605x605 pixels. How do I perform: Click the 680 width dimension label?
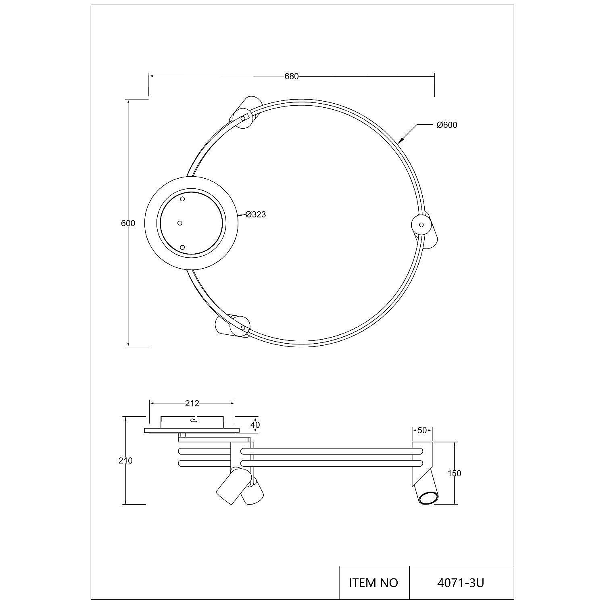pos(292,76)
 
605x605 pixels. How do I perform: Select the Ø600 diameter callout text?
pos(447,125)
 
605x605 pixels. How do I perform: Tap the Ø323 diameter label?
pos(256,215)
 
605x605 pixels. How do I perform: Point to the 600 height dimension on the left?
pos(128,223)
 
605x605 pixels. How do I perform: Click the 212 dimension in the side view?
pos(192,403)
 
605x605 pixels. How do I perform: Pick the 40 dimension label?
pos(255,425)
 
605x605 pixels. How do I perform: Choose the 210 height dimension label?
pos(125,461)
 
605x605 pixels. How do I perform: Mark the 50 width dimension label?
pos(422,430)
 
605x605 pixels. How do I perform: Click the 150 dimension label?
pos(455,474)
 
